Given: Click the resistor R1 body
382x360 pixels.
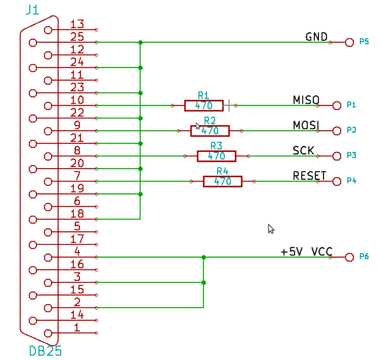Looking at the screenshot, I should (x=204, y=106).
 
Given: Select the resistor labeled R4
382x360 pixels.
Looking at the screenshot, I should (x=222, y=181).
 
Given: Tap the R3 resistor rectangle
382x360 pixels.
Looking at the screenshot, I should (x=216, y=156).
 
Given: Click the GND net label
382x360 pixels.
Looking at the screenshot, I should (x=316, y=37).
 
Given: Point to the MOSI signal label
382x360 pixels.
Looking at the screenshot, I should (x=306, y=125).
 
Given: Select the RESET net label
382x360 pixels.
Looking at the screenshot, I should (x=309, y=176).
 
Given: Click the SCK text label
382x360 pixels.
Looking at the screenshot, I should (x=303, y=150).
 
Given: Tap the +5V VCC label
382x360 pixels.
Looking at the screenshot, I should (x=306, y=252).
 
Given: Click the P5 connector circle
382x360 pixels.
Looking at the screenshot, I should (x=349, y=42).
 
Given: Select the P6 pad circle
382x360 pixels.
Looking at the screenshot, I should (x=349, y=257).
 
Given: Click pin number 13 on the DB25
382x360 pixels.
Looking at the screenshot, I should (x=77, y=24).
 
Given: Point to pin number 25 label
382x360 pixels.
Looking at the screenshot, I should (x=77, y=37).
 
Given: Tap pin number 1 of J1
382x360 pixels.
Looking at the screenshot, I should (x=77, y=327).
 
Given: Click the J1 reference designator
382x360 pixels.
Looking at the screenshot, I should (x=32, y=10).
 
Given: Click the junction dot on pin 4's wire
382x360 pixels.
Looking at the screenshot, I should (x=204, y=257).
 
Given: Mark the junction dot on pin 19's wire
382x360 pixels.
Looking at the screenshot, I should (x=140, y=194).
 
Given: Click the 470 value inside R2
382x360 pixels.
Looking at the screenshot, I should (x=210, y=131).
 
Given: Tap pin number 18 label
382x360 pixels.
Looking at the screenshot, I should (x=77, y=214).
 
